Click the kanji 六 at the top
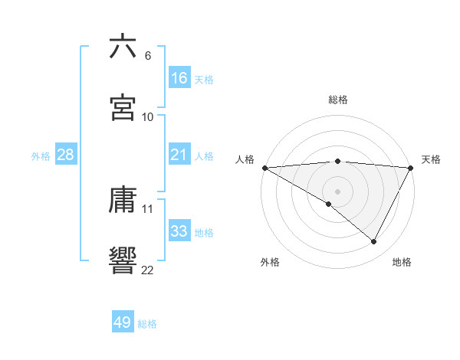point(123,47)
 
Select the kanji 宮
point(123,108)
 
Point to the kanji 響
point(123,261)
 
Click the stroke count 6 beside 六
point(148,56)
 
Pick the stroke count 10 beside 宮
point(148,117)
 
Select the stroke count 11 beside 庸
point(148,208)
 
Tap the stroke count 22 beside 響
point(148,270)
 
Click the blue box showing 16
point(179,78)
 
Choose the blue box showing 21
point(179,155)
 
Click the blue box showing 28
point(66,155)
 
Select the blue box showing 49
point(123,323)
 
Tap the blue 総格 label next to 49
point(147,324)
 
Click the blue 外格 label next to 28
point(41,156)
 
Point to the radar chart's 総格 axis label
point(338,100)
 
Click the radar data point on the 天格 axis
point(412,168)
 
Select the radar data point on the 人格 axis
point(264,168)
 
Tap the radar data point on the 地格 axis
point(374,242)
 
